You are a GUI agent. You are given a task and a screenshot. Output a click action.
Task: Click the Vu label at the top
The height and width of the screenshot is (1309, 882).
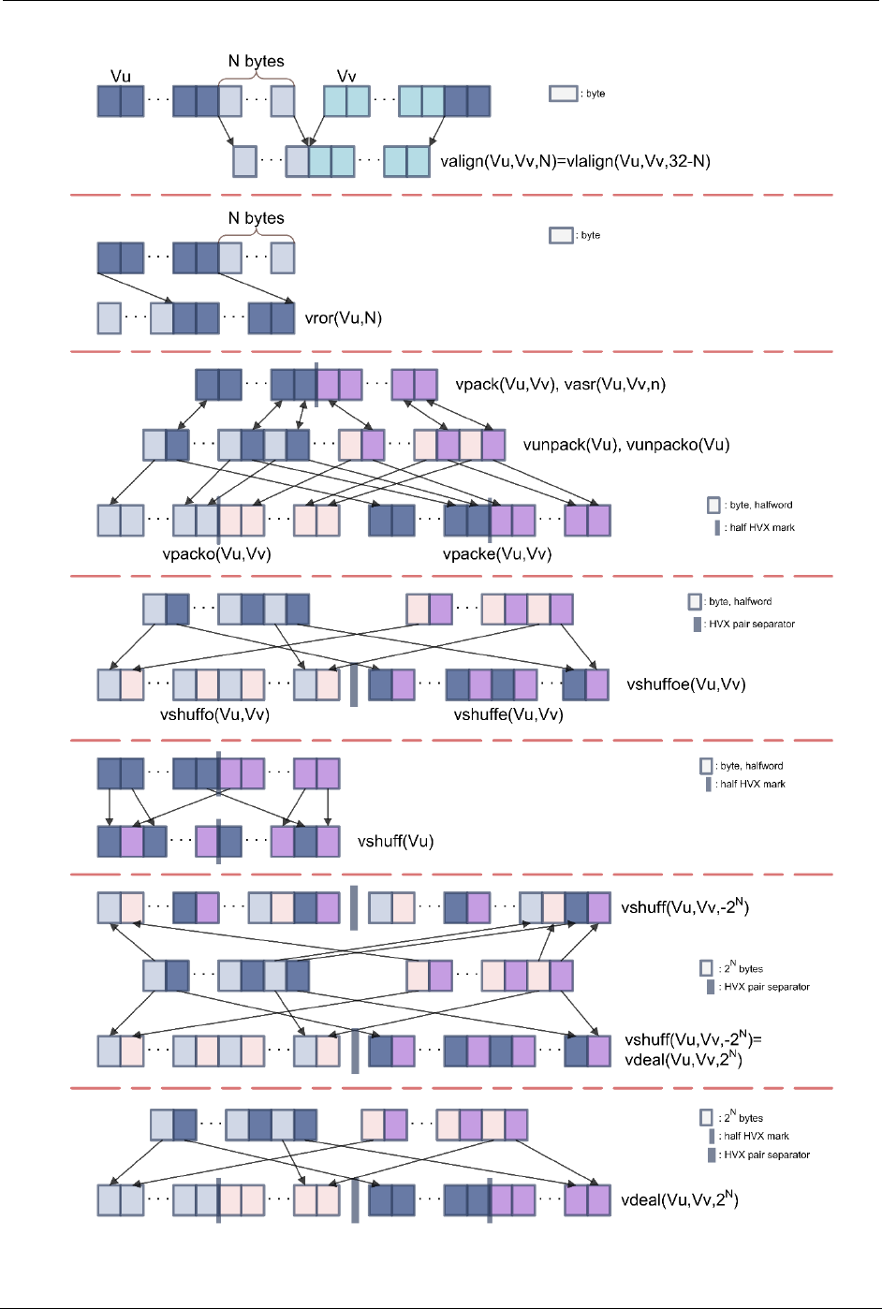click(x=121, y=76)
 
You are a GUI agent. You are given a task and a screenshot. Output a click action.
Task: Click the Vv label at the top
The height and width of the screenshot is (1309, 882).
click(x=346, y=76)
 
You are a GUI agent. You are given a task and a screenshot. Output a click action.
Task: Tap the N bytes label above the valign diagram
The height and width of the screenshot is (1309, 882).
click(x=257, y=61)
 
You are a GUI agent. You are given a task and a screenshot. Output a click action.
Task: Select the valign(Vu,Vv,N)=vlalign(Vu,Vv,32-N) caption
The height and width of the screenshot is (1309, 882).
click(x=575, y=161)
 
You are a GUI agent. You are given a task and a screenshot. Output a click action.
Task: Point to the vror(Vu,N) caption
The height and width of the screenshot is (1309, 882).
click(x=344, y=318)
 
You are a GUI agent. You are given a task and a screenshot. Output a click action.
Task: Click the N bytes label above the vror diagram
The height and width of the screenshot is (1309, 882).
click(x=257, y=218)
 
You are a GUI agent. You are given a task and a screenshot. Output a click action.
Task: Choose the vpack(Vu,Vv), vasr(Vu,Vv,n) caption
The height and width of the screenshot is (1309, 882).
click(x=560, y=384)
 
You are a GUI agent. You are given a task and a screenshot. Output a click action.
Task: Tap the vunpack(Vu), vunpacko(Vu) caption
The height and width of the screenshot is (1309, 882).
click(x=625, y=445)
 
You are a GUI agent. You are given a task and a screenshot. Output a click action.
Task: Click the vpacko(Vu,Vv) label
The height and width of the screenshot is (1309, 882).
click(x=216, y=553)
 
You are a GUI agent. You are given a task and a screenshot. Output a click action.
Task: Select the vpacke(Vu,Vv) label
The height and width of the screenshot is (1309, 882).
click(x=497, y=553)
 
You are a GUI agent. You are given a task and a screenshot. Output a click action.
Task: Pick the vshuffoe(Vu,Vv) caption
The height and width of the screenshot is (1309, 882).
click(x=685, y=684)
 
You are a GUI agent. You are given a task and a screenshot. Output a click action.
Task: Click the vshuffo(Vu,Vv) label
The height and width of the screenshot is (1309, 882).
click(x=214, y=714)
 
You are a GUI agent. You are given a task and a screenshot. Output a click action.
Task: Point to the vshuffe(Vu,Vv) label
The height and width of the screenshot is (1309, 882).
click(x=508, y=714)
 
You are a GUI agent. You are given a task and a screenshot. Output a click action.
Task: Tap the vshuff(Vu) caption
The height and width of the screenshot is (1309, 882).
click(x=395, y=842)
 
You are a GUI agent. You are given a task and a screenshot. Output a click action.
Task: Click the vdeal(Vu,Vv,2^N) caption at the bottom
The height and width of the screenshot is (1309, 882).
click(x=680, y=1199)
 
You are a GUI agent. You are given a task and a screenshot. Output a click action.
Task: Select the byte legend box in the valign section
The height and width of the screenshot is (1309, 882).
click(x=563, y=94)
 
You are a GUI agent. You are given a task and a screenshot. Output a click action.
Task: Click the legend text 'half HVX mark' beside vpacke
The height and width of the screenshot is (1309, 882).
click(x=762, y=528)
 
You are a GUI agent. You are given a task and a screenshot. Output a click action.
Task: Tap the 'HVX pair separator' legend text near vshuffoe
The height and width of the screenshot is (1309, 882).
click(x=752, y=624)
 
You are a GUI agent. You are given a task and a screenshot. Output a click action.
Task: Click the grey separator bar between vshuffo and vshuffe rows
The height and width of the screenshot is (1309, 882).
click(x=354, y=684)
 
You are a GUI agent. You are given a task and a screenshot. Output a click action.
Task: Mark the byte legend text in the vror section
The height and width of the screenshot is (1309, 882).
click(x=591, y=235)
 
